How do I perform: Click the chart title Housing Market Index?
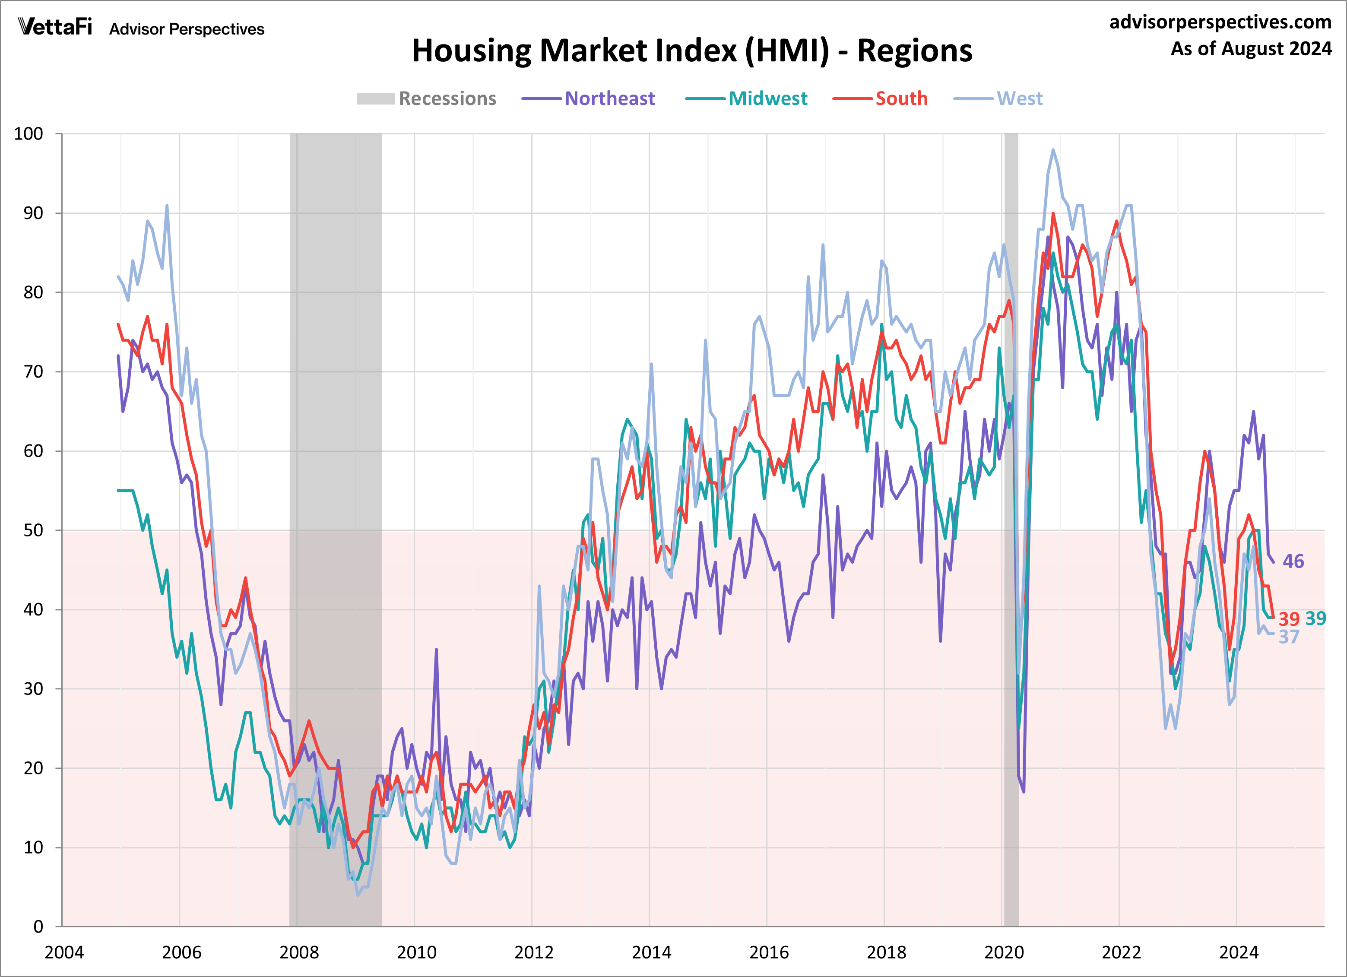(692, 51)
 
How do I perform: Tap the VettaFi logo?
(55, 27)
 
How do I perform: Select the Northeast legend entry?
(609, 98)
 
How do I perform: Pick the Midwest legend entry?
(767, 98)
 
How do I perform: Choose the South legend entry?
(901, 98)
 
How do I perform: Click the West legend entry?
(1019, 98)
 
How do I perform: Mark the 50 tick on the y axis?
(33, 530)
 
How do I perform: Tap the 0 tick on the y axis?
(38, 926)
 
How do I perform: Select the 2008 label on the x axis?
(299, 953)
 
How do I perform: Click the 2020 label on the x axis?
(1004, 953)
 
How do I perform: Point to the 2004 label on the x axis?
(64, 953)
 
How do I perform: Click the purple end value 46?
(1293, 561)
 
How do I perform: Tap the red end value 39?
(1289, 619)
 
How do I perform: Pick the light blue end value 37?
(1289, 637)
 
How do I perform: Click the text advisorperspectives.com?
(1220, 22)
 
